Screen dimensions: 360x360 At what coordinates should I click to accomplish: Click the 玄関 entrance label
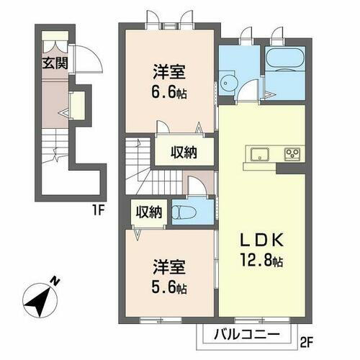pyautogui.click(x=53, y=61)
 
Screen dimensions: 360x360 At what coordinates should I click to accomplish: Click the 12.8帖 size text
pyautogui.click(x=261, y=261)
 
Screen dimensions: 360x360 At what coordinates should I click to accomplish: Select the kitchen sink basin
pyautogui.click(x=259, y=153)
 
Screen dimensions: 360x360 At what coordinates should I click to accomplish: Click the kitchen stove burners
pyautogui.click(x=294, y=153)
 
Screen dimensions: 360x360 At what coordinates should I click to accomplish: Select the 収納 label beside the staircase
pyautogui.click(x=184, y=152)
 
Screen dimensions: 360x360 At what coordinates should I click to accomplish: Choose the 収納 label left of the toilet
pyautogui.click(x=149, y=212)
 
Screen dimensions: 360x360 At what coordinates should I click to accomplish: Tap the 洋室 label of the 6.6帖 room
pyautogui.click(x=168, y=73)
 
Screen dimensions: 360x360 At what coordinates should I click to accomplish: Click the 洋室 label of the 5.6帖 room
pyautogui.click(x=169, y=266)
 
